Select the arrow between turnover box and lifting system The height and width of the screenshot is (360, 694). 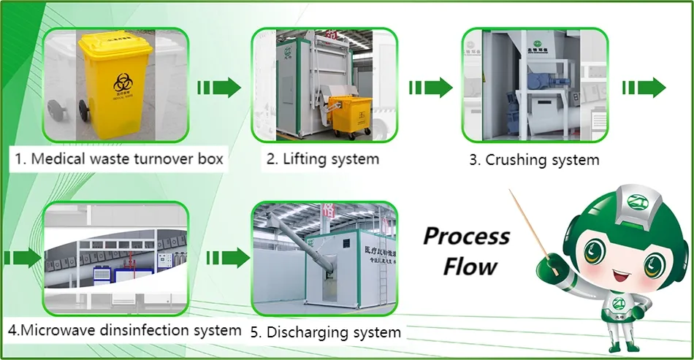(219, 88)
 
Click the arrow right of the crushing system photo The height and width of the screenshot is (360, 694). (644, 88)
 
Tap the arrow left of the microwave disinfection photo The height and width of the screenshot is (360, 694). (23, 258)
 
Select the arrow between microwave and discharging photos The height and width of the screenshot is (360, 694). (228, 258)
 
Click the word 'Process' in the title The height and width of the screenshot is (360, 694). (466, 237)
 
